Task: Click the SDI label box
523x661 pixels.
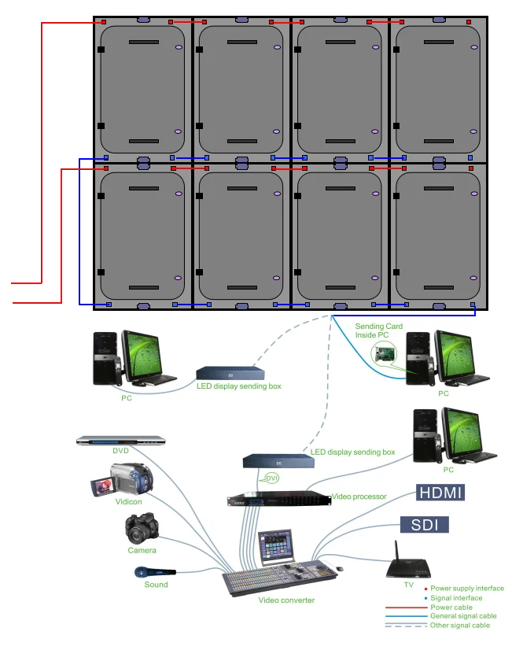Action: [425, 525]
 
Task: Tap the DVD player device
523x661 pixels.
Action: [120, 441]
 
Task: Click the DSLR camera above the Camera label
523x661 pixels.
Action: [142, 529]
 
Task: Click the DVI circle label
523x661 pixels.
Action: [272, 478]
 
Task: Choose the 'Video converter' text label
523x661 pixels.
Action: [286, 600]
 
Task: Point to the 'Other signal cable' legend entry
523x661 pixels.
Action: [459, 626]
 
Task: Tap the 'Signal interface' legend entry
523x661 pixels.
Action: [456, 598]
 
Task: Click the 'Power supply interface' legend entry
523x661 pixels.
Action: [466, 589]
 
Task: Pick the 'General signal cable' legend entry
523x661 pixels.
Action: [463, 616]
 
